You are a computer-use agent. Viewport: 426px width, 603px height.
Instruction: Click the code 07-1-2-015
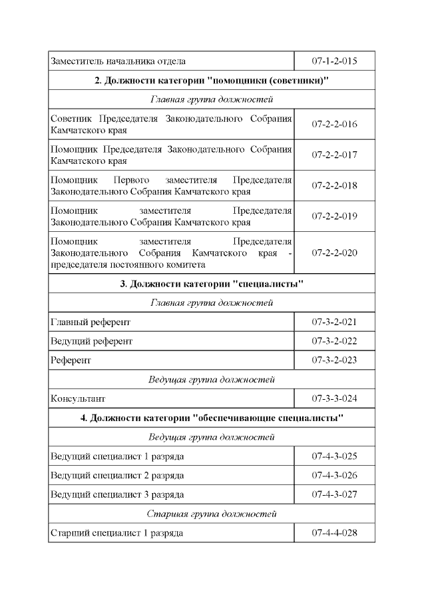pos(335,61)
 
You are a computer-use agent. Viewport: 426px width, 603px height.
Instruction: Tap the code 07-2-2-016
pos(335,124)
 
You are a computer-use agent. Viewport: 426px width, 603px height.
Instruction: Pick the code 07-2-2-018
pos(335,185)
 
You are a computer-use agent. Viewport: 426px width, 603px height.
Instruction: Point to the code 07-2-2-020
pos(335,253)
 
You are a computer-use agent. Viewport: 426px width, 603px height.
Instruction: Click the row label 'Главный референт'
pos(91,322)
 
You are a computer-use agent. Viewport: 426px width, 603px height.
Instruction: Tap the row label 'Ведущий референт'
pos(92,341)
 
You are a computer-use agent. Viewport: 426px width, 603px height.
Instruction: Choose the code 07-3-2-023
pos(335,360)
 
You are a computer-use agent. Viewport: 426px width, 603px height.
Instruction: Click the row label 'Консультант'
pos(78,399)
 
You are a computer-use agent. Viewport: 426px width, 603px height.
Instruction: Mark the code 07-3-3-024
pos(335,399)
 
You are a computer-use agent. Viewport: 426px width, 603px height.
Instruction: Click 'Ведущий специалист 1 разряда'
pos(118,456)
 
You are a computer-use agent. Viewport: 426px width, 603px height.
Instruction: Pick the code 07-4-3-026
pos(335,476)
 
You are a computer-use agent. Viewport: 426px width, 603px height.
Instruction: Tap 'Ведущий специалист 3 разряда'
pos(118,495)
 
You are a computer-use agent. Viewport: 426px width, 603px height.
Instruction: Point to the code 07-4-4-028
pos(335,533)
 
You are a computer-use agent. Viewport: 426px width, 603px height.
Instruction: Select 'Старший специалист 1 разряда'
pos(117,533)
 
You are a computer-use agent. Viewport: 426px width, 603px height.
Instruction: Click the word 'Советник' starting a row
pos(72,119)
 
